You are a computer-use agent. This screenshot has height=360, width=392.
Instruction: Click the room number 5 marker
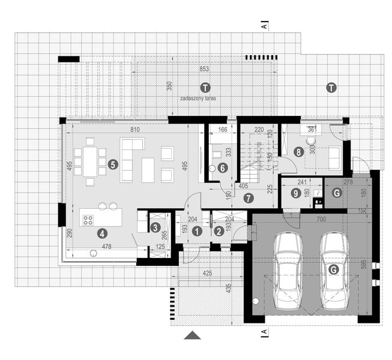[x=112, y=163]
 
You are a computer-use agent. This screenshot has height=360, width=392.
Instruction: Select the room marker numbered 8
[x=298, y=152]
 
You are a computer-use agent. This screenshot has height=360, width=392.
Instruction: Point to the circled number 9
[x=295, y=193]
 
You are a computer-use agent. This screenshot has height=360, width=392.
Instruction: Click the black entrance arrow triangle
[x=192, y=336]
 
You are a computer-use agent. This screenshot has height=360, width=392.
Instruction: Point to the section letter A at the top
[x=264, y=26]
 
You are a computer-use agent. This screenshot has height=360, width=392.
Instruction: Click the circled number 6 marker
[x=222, y=169]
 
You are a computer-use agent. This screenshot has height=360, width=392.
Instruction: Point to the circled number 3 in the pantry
[x=155, y=227]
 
